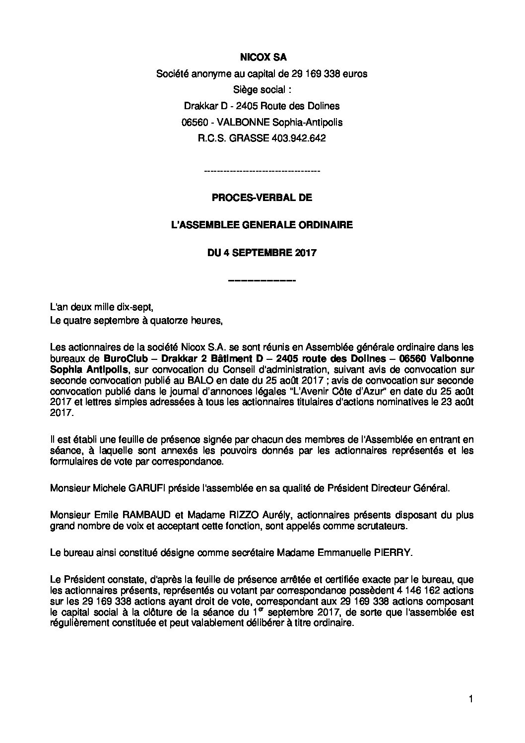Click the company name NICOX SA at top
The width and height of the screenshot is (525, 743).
(262, 58)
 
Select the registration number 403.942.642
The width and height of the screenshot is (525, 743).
(299, 138)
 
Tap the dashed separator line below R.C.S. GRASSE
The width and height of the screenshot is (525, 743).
(262, 171)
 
